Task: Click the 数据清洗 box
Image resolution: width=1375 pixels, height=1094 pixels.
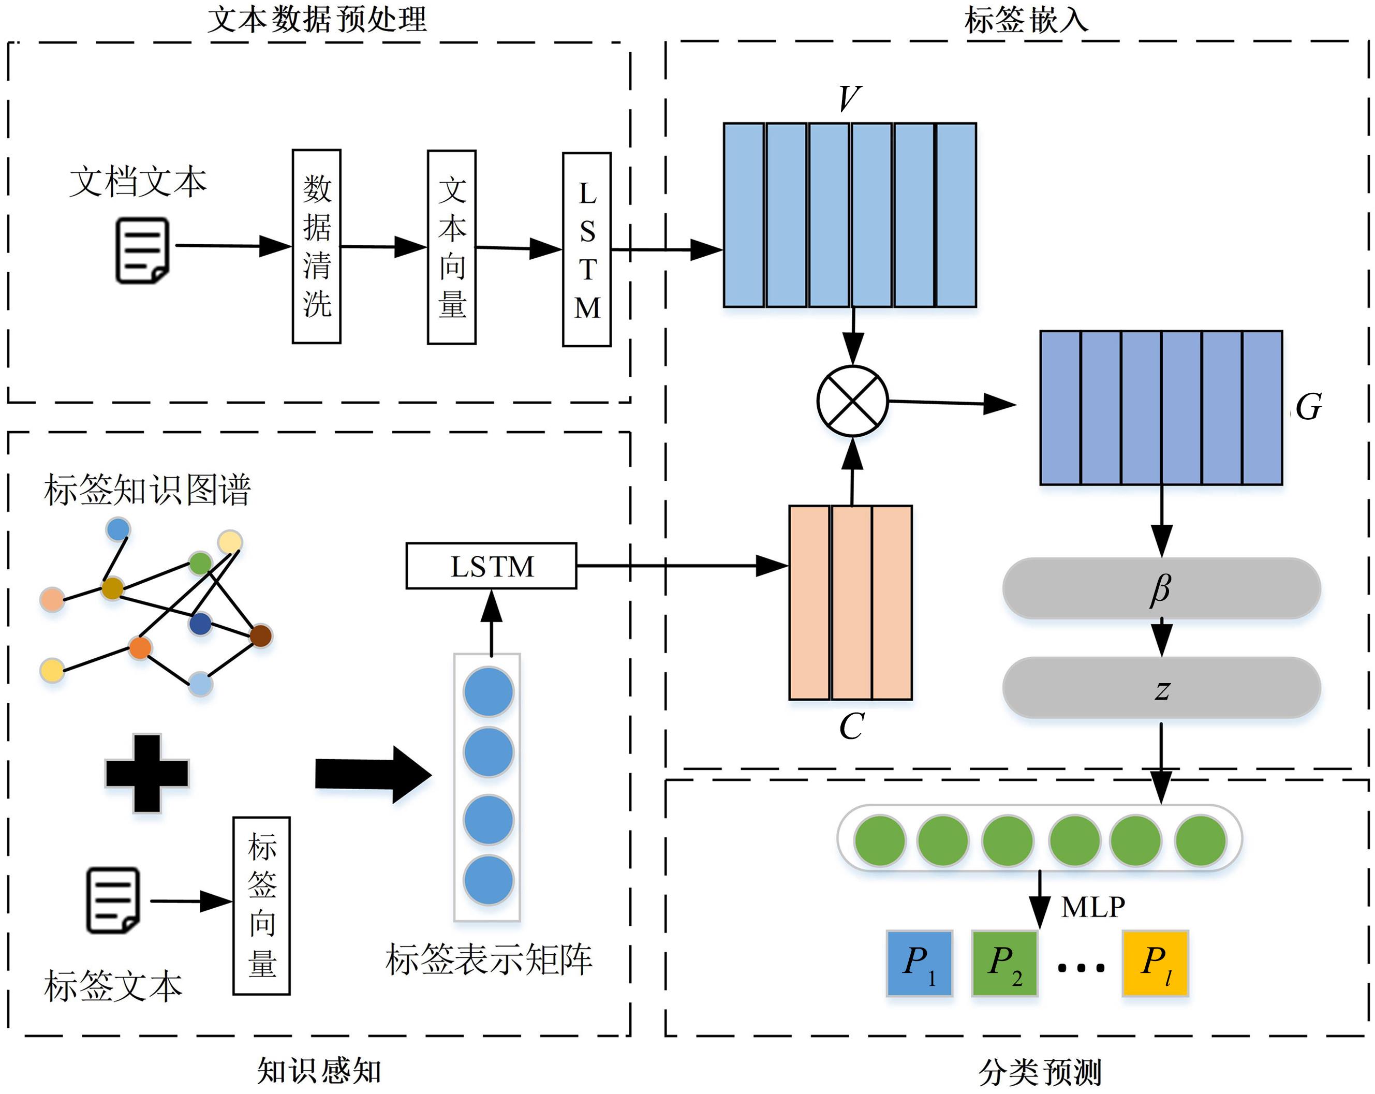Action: [x=316, y=247]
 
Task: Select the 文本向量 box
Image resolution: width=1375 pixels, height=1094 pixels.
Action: [x=452, y=247]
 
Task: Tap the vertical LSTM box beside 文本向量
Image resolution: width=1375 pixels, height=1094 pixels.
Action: [x=587, y=249]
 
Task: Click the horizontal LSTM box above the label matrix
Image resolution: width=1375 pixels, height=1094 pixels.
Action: [x=491, y=566]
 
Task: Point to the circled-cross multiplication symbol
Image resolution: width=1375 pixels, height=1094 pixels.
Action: [x=853, y=401]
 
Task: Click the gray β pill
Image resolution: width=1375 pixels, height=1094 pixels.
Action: [x=1161, y=588]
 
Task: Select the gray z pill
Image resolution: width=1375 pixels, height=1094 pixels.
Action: [x=1161, y=688]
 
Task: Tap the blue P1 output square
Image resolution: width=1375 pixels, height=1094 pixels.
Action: [x=919, y=963]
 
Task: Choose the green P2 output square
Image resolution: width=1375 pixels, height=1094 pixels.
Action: [x=1004, y=963]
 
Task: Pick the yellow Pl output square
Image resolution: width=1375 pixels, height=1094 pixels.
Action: [x=1155, y=963]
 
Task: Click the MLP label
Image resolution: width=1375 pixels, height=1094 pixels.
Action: [x=1093, y=907]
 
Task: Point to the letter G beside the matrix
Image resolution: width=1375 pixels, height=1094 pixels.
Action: [x=1309, y=406]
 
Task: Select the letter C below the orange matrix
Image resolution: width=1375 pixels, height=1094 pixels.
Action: [x=851, y=726]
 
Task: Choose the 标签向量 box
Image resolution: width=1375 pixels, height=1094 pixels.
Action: [x=261, y=906]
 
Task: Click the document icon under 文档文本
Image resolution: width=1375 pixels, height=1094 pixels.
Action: [x=142, y=250]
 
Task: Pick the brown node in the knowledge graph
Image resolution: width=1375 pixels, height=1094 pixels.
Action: [x=261, y=635]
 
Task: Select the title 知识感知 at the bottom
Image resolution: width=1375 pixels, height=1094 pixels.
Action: [x=319, y=1070]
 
